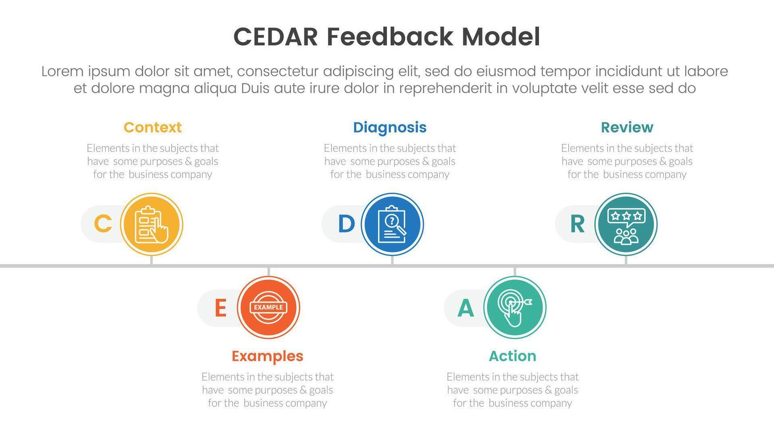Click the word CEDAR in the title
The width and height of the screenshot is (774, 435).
coord(275,37)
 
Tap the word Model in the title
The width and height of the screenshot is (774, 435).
coord(501,37)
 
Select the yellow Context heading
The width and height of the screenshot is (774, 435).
coord(152,127)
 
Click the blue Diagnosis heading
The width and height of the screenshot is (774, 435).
coord(390,128)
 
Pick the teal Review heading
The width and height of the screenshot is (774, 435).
coord(627,127)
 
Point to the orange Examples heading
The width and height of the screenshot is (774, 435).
coord(267,356)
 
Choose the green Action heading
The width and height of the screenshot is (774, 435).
coord(513,356)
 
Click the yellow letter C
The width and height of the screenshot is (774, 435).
coord(103,224)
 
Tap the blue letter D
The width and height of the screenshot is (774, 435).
coord(347,224)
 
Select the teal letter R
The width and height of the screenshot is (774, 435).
coord(577,224)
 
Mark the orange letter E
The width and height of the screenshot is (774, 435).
coord(220,308)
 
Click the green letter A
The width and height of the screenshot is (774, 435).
coord(466,308)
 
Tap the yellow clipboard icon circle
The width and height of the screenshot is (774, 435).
coord(152,224)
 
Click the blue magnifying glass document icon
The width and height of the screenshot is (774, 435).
coord(392,224)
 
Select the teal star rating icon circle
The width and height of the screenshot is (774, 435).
coord(626,224)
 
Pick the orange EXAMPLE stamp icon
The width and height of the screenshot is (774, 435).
coord(268,307)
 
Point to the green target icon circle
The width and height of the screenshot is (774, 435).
coord(515,307)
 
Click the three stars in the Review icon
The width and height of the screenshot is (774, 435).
coord(626,216)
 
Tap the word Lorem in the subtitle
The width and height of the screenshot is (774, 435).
coord(63,71)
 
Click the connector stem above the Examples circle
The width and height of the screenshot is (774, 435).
coord(268,272)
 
